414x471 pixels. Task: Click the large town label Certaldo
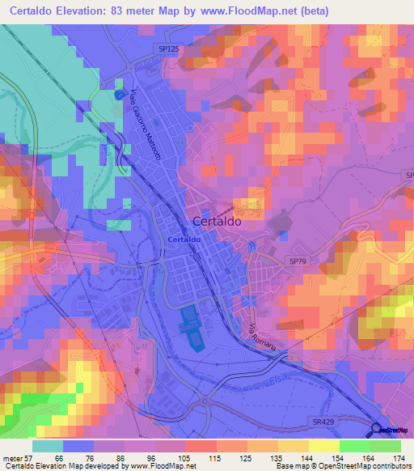pos(220,221)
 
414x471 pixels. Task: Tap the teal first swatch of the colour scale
pos(48,446)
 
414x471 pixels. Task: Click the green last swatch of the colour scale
pos(386,446)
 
